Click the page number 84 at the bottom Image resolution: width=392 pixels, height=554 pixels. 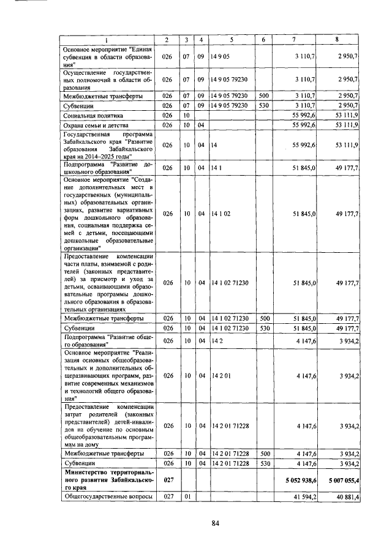(x=215, y=522)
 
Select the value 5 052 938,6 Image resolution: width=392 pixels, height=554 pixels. (x=298, y=482)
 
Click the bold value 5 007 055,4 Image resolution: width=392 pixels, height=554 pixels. (x=341, y=482)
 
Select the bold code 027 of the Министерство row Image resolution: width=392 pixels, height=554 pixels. (x=166, y=482)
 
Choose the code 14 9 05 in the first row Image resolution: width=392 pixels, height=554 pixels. (x=219, y=56)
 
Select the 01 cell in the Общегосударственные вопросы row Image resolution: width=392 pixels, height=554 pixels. (x=188, y=497)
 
